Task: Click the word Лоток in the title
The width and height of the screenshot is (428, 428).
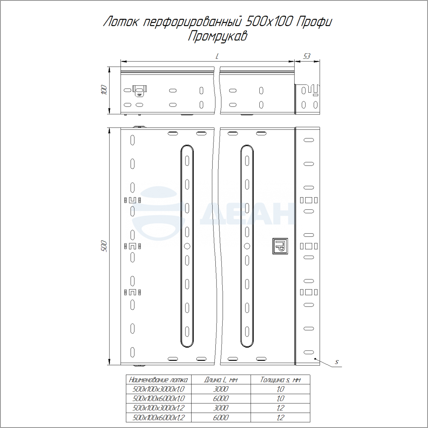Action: click(x=121, y=22)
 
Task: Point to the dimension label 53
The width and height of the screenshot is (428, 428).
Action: click(x=306, y=56)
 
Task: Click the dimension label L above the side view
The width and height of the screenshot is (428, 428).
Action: click(x=217, y=56)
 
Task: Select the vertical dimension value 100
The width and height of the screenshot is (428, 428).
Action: click(x=104, y=90)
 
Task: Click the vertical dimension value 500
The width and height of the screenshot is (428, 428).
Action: click(x=104, y=246)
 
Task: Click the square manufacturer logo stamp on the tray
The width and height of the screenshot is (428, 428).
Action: click(x=280, y=246)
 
